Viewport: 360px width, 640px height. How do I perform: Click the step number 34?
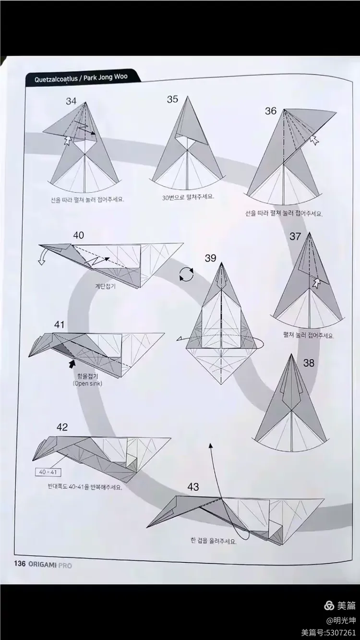[71, 101]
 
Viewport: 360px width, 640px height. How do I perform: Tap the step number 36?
[271, 111]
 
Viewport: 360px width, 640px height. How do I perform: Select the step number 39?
[210, 258]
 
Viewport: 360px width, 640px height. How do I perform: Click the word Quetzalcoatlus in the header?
[52, 78]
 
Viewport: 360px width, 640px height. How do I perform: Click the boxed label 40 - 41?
[48, 472]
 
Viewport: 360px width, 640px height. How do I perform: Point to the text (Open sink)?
[87, 384]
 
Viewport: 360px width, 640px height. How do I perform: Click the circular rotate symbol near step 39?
[186, 275]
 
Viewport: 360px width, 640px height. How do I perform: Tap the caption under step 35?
[188, 197]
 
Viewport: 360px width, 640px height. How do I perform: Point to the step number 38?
[309, 363]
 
